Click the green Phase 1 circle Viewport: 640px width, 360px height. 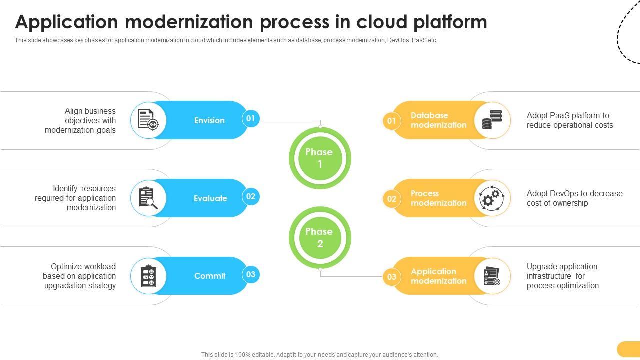tap(320, 158)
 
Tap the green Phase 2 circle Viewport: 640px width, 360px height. tap(320, 238)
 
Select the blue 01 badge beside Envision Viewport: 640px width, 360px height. tap(251, 119)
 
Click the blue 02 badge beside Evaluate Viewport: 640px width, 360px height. tap(251, 197)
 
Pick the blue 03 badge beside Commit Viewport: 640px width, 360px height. tap(251, 275)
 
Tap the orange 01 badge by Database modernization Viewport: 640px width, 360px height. tap(391, 121)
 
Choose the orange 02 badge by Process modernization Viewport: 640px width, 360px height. tap(391, 199)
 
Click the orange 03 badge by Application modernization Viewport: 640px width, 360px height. tap(391, 277)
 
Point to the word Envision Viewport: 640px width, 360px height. tap(209, 120)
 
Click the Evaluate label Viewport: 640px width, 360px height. tap(210, 198)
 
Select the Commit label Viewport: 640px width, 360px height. tap(210, 276)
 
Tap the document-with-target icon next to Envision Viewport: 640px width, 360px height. tap(148, 120)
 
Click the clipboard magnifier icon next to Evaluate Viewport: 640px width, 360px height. tap(148, 198)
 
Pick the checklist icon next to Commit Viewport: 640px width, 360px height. tap(148, 276)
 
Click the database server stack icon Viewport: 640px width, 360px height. tap(492, 120)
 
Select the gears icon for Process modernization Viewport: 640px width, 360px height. tap(492, 198)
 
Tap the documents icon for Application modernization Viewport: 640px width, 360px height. tap(492, 276)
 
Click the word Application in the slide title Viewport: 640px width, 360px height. tap(66, 22)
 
